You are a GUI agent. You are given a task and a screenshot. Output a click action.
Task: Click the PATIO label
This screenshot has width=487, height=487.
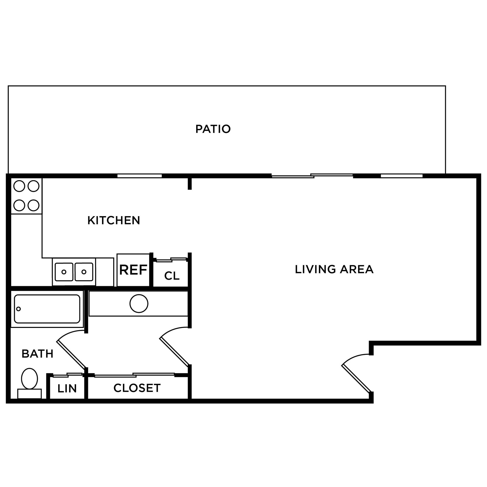click(x=213, y=129)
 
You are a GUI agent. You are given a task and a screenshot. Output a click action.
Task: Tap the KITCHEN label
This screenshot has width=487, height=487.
click(x=114, y=220)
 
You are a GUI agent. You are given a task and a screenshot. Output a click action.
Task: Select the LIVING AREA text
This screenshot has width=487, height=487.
click(x=334, y=269)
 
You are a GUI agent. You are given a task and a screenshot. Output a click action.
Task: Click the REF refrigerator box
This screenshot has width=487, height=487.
click(x=133, y=270)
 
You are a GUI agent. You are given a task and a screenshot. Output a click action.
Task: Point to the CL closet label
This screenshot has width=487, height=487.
click(x=172, y=276)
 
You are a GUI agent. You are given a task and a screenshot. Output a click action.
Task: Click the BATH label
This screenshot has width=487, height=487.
click(x=38, y=354)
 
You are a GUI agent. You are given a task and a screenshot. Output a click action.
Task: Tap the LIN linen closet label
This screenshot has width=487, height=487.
click(x=67, y=389)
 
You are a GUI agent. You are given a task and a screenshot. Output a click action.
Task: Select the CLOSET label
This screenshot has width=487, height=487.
click(x=137, y=388)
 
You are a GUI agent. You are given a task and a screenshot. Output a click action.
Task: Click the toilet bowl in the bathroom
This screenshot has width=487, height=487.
click(x=29, y=378)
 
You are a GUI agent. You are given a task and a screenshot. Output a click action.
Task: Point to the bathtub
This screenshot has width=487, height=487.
click(x=47, y=309)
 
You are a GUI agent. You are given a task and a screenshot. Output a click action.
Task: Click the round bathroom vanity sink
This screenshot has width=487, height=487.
click(x=139, y=303)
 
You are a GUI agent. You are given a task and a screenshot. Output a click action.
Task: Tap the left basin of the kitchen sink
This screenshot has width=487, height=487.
click(x=64, y=272)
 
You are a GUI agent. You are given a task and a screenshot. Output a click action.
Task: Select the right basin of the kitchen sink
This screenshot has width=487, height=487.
click(x=84, y=272)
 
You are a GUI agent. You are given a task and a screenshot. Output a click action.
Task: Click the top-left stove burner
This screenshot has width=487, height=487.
click(x=19, y=186)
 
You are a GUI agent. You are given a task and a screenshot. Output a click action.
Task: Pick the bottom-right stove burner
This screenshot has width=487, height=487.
click(x=33, y=205)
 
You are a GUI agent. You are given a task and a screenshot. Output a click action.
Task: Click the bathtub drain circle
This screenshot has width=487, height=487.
click(x=18, y=309)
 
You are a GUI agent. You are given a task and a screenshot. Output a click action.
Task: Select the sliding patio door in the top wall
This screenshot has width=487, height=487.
click(x=312, y=176)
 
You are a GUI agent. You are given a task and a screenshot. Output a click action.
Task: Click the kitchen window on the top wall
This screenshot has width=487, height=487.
click(x=139, y=176)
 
